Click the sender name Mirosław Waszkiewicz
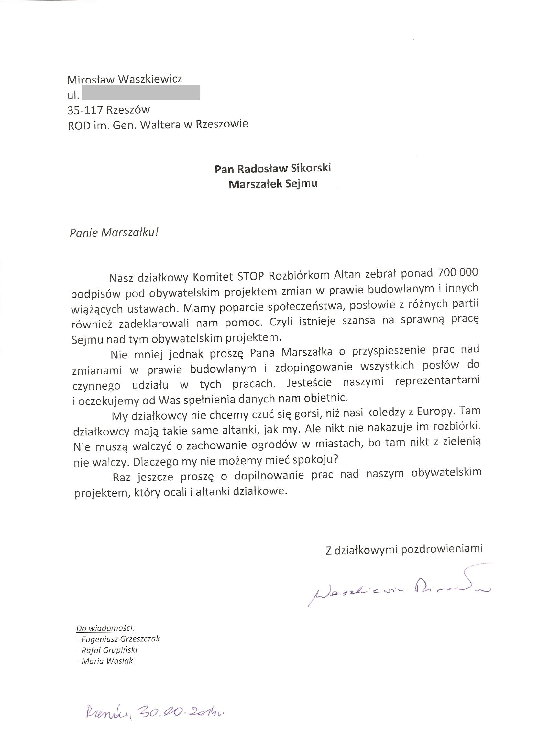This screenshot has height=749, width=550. coord(125,80)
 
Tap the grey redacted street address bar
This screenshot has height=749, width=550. coord(140,93)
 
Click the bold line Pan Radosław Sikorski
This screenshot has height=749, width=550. coord(273,169)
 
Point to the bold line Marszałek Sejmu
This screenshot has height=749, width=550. coord(273,184)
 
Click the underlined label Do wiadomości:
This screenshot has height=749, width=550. coord(105,628)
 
